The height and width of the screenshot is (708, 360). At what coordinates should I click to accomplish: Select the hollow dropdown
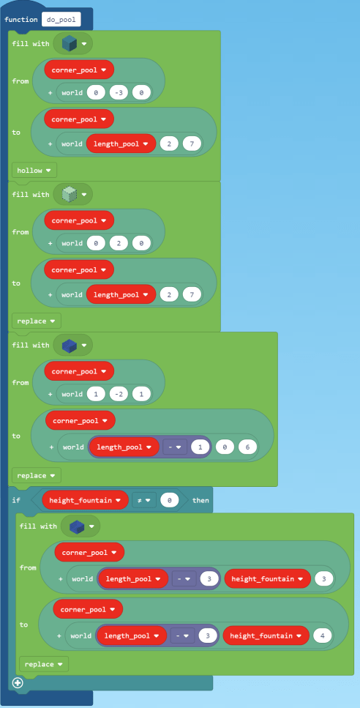click(x=34, y=170)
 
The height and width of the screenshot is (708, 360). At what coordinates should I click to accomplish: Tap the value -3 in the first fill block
click(x=118, y=92)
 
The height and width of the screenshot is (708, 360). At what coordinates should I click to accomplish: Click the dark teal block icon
click(x=70, y=44)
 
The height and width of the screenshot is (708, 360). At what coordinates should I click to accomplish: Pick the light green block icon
click(x=70, y=195)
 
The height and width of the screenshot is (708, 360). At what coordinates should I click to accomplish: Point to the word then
click(x=200, y=500)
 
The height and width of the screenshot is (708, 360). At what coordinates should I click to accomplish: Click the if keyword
click(x=17, y=500)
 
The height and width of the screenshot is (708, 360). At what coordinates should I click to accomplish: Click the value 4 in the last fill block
click(x=323, y=636)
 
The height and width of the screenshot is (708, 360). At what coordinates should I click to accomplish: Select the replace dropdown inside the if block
click(x=43, y=664)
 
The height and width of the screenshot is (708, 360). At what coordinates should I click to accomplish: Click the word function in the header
click(x=21, y=19)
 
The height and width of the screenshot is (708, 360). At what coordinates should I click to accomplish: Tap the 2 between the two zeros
click(x=118, y=244)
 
